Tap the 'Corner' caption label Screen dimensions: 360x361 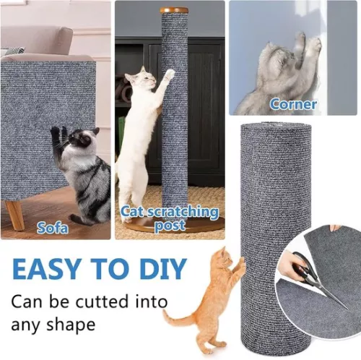tap(293, 104)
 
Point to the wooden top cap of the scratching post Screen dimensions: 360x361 tap(174, 10)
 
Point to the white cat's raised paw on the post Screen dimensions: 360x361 tap(168, 73)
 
